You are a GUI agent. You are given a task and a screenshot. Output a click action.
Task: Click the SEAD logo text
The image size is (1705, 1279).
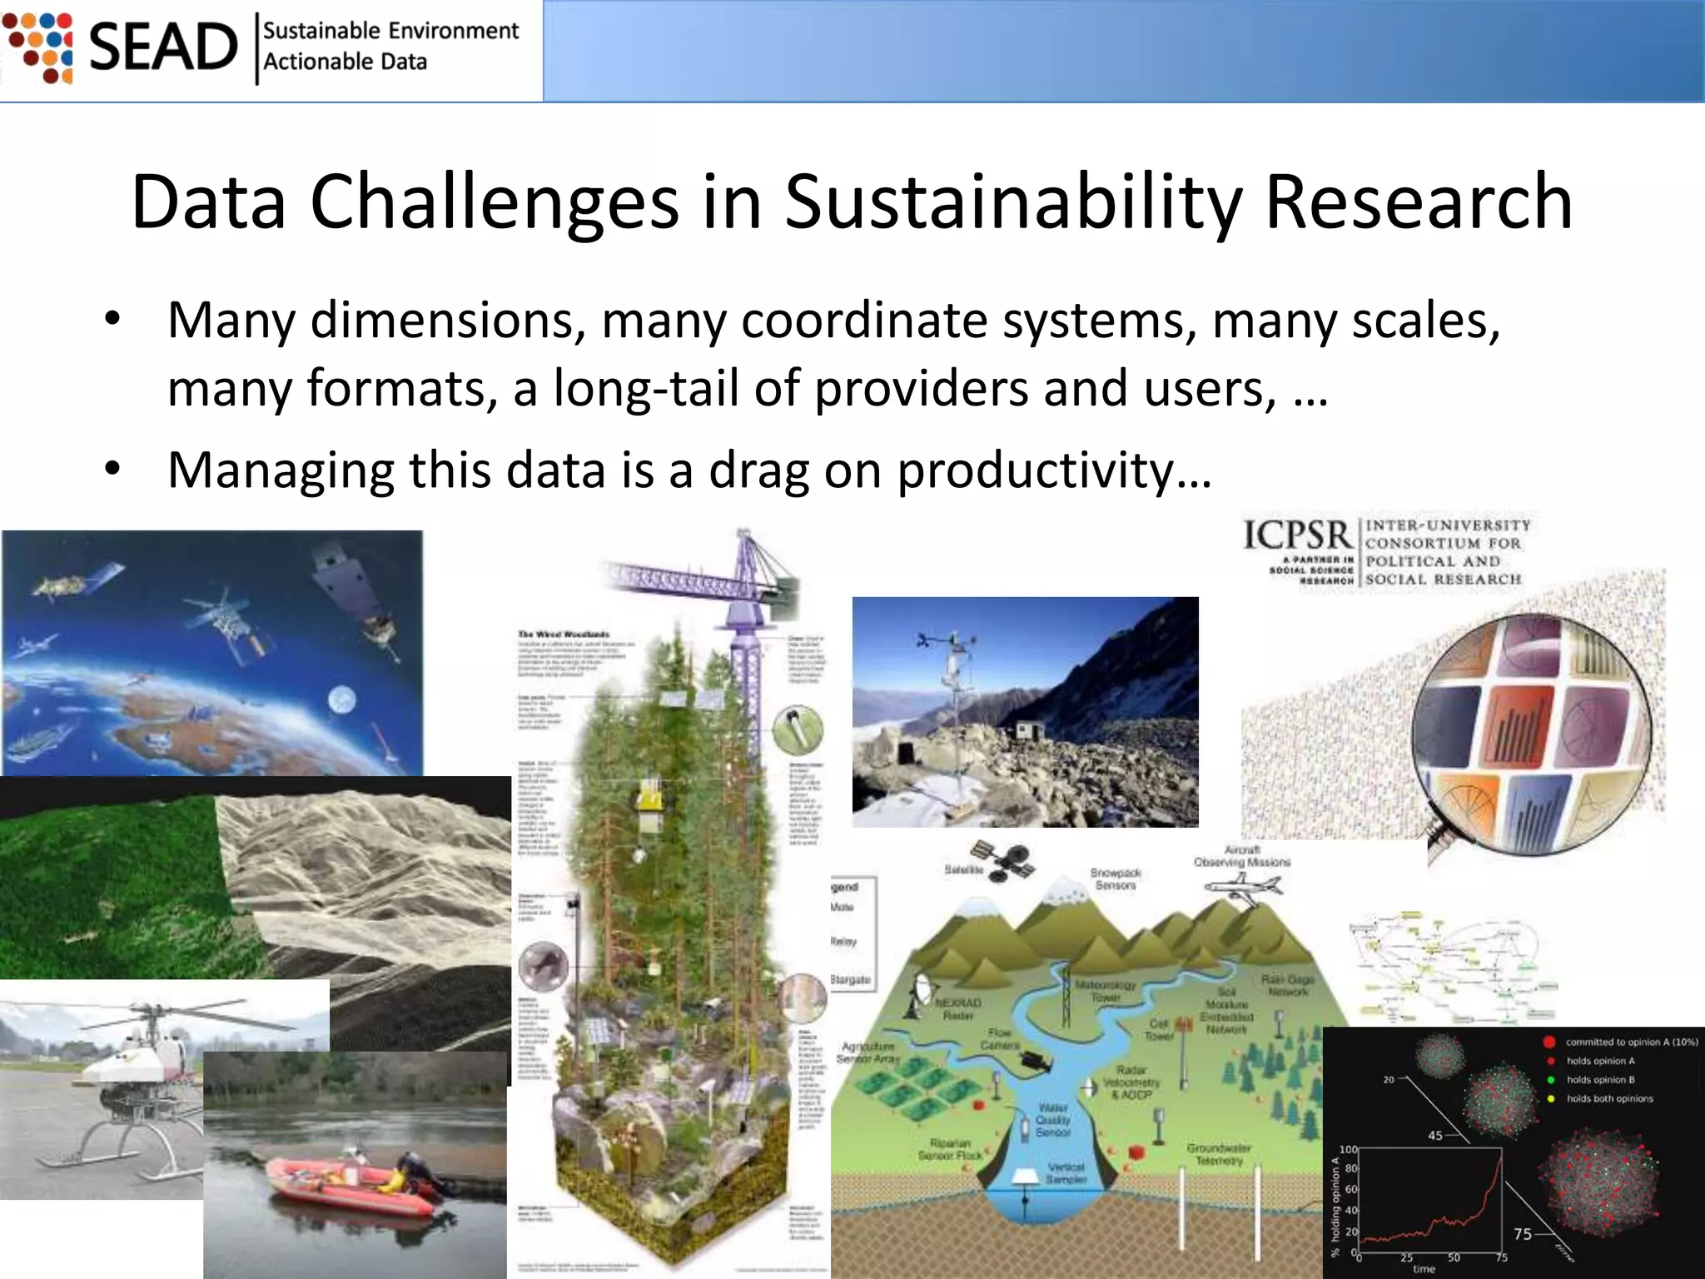[163, 47]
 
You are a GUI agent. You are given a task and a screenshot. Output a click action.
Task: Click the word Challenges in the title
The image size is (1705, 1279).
[495, 202]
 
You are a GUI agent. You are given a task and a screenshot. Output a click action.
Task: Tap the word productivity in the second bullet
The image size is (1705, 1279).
[1034, 470]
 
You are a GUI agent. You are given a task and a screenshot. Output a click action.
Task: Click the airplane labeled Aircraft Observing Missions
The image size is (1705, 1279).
[1241, 886]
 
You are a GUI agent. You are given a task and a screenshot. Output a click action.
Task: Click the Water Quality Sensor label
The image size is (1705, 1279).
[1052, 1120]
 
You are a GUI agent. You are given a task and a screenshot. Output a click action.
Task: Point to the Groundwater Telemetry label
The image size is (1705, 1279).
[1218, 1154]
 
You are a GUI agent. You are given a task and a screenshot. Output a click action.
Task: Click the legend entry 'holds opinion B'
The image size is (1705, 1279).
[1600, 1080]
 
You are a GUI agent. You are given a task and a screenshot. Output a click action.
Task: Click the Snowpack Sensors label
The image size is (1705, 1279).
[1116, 878]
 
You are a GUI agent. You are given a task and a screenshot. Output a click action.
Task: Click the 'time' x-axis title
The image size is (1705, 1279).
[1424, 1269]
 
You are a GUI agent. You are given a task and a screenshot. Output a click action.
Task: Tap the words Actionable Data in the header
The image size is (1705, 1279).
[345, 62]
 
